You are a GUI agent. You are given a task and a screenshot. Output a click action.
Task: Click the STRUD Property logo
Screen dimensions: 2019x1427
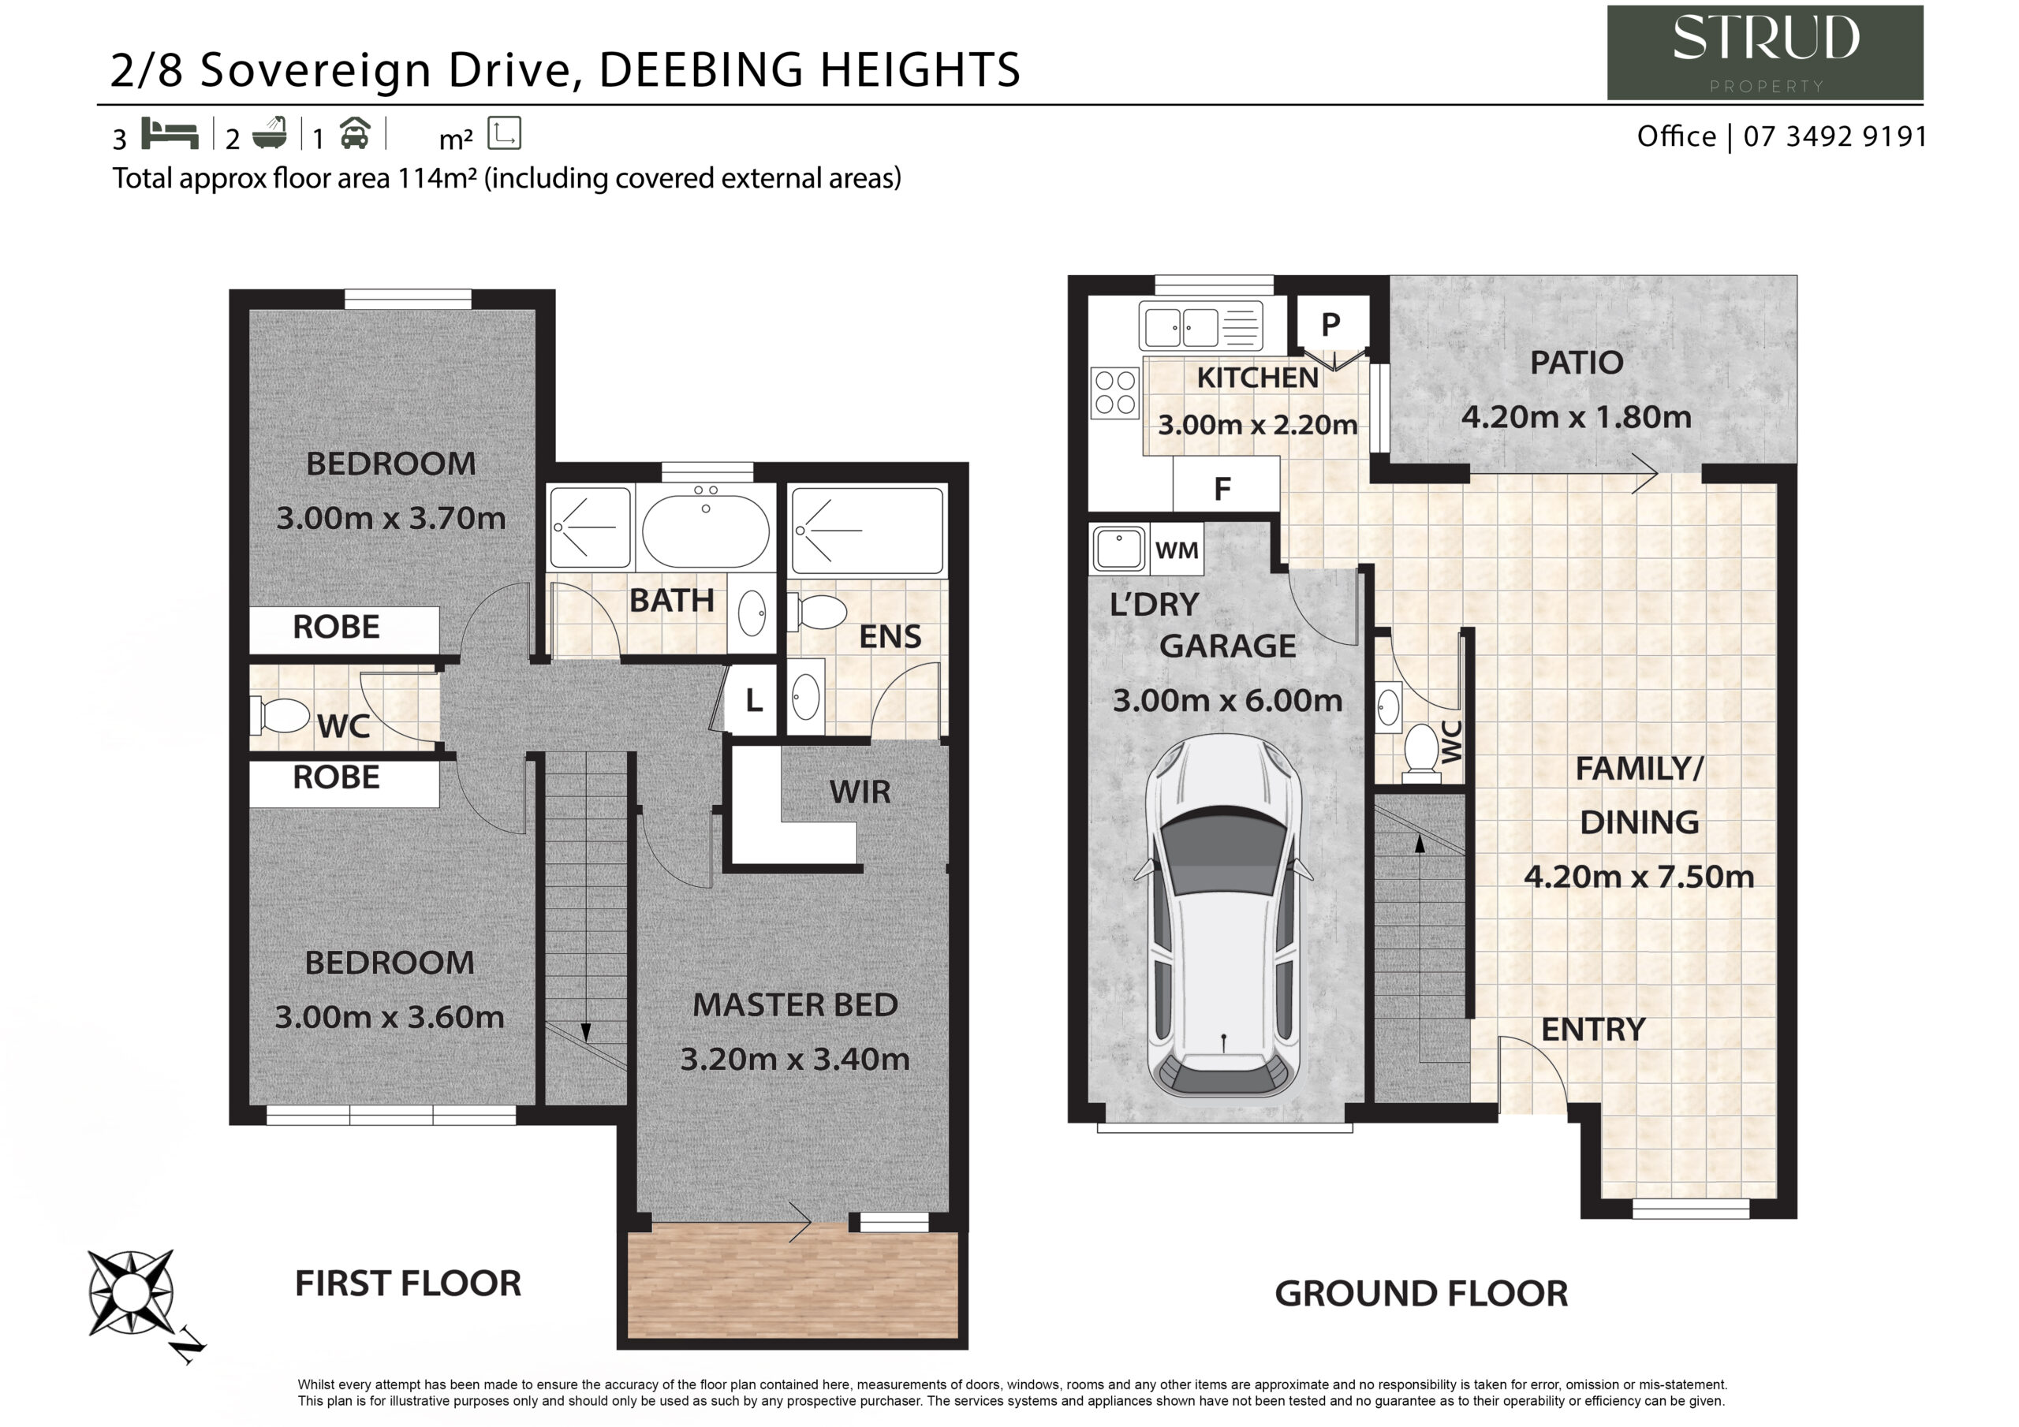1765,52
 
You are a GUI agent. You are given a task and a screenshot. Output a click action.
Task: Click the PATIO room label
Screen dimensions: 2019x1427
1576,362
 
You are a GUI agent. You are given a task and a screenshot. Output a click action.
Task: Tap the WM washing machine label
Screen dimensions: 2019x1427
1177,550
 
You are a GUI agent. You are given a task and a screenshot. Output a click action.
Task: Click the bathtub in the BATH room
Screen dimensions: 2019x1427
705,527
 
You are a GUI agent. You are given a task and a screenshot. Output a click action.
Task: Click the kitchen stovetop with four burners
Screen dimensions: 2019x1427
1115,392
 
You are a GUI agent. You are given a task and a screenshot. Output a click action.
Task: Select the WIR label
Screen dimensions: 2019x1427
859,792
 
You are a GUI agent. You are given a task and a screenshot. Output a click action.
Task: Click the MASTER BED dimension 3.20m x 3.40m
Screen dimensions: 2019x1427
795,1059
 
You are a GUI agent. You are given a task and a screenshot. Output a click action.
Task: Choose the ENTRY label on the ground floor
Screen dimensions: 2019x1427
1593,1030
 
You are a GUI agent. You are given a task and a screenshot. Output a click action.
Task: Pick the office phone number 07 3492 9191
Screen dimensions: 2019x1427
1835,136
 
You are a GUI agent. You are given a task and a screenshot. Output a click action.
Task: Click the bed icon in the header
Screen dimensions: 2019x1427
170,134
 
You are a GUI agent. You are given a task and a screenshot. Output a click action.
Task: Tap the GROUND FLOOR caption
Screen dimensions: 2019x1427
1421,1293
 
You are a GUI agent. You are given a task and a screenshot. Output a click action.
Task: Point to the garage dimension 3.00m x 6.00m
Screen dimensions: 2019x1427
1228,701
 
